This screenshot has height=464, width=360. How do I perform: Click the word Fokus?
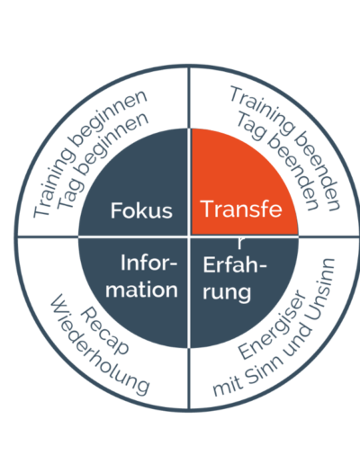(x=141, y=210)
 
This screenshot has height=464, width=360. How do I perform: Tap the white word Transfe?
(x=242, y=209)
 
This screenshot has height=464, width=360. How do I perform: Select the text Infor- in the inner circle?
(x=149, y=263)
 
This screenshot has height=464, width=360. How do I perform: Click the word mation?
(x=141, y=290)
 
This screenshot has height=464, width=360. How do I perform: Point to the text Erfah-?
(x=235, y=264)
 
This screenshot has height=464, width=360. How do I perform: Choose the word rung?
(x=227, y=292)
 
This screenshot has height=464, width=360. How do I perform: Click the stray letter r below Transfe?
(x=240, y=244)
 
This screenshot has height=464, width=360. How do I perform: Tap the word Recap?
(x=104, y=331)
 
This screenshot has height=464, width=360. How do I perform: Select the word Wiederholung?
(x=99, y=344)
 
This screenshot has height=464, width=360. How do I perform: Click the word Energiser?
(x=272, y=325)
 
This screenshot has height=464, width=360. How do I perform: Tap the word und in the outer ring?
(x=297, y=340)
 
